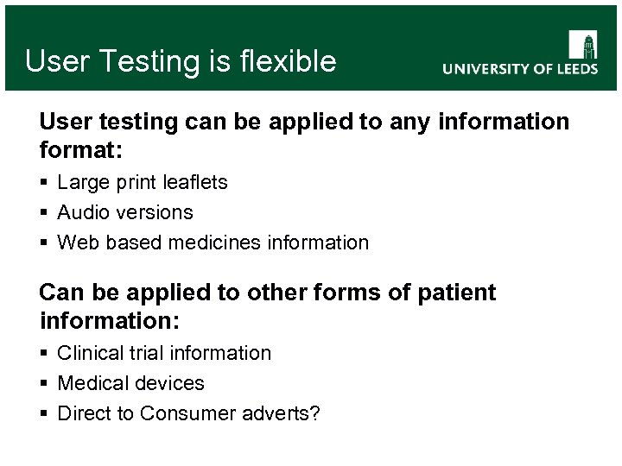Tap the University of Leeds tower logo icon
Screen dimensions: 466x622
point(582,45)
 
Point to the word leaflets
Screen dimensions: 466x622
point(196,182)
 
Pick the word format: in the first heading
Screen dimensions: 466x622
point(81,151)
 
